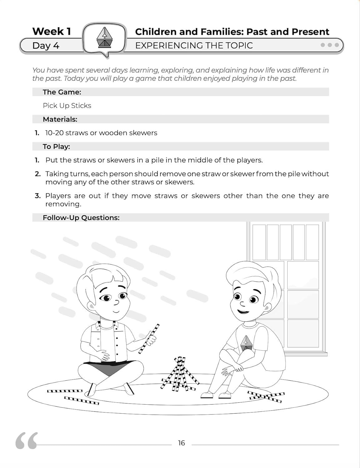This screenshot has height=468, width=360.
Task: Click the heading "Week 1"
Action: click(x=52, y=31)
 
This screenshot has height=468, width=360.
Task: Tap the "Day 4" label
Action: click(x=46, y=46)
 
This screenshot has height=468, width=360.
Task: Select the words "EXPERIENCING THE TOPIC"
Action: click(x=194, y=46)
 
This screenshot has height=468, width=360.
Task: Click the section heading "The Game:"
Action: click(x=62, y=92)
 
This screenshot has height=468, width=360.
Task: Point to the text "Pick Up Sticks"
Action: click(x=67, y=105)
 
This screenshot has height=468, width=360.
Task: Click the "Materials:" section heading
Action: click(x=60, y=119)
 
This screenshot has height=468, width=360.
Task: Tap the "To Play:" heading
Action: click(x=56, y=146)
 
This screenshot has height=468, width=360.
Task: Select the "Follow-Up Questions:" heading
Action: click(x=81, y=217)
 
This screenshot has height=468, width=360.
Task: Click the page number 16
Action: click(x=181, y=443)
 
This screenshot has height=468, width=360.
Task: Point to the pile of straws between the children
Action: click(x=179, y=374)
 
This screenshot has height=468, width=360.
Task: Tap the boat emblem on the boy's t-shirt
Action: click(x=247, y=343)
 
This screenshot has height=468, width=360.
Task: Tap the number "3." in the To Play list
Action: click(x=37, y=196)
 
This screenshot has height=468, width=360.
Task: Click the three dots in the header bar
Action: click(x=330, y=45)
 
